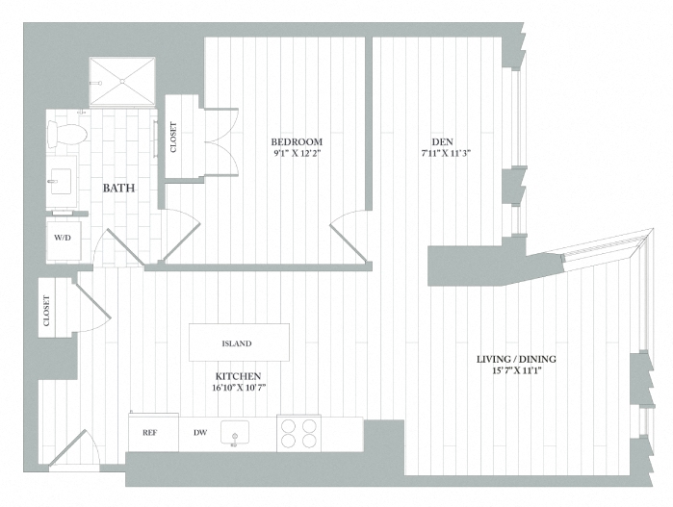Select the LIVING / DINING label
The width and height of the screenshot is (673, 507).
pos(516,360)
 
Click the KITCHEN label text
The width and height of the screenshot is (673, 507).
pos(239,375)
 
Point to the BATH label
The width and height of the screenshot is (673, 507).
pos(118,188)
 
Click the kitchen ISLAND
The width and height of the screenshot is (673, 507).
pos(239,342)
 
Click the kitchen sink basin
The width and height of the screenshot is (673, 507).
pos(234,433)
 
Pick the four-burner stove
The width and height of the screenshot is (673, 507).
pos(298,433)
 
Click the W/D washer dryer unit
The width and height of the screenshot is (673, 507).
pos(62,239)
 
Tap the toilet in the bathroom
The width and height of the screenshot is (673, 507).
pos(70,133)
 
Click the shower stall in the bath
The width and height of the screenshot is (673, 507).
pos(122,81)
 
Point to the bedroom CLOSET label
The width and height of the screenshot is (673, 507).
pos(174,137)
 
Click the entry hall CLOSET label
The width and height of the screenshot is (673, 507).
pos(47,310)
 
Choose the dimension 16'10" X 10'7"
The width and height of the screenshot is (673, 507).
pos(239,388)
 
